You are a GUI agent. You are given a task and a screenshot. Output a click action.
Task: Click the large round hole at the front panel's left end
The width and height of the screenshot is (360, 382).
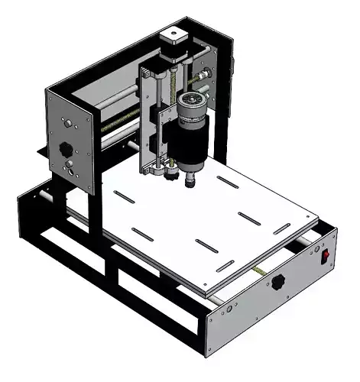[229, 309]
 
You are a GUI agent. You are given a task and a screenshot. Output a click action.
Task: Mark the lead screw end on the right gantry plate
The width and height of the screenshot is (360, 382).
[204, 76]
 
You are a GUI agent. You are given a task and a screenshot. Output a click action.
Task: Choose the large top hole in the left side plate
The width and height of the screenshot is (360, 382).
[69, 121]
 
